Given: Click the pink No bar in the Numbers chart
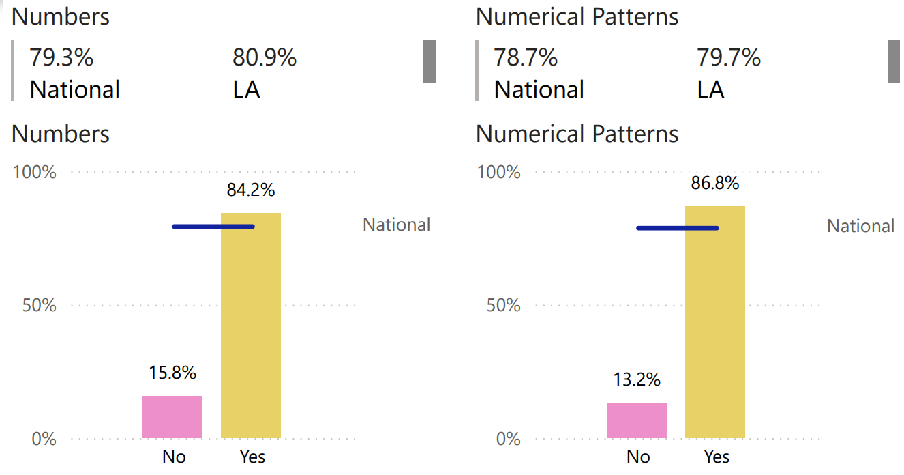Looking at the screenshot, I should tap(172, 417).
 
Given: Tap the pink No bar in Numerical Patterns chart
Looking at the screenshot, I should tap(637, 420).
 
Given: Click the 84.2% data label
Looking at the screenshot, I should tap(251, 190).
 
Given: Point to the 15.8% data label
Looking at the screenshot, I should tap(172, 373).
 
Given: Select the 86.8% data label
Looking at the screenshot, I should tap(715, 184).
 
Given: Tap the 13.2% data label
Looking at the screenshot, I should tap(637, 380).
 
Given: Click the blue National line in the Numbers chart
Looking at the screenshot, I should tap(213, 227).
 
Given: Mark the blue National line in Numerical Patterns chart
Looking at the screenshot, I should tap(678, 228).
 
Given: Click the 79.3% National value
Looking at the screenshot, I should tap(61, 58).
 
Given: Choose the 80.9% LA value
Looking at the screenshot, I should tap(265, 58).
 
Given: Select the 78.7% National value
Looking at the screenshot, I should tap(526, 58).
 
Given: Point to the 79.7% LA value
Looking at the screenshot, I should tap(729, 58).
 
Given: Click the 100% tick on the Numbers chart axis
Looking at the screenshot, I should tap(35, 172).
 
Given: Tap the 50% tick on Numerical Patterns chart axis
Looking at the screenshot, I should tap(504, 305).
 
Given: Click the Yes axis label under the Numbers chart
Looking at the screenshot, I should tap(252, 457).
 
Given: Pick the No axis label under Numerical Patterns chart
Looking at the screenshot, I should tap(638, 457).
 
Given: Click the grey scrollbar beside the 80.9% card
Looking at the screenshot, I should tap(429, 61).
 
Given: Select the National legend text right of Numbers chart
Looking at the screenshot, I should tap(397, 225).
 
